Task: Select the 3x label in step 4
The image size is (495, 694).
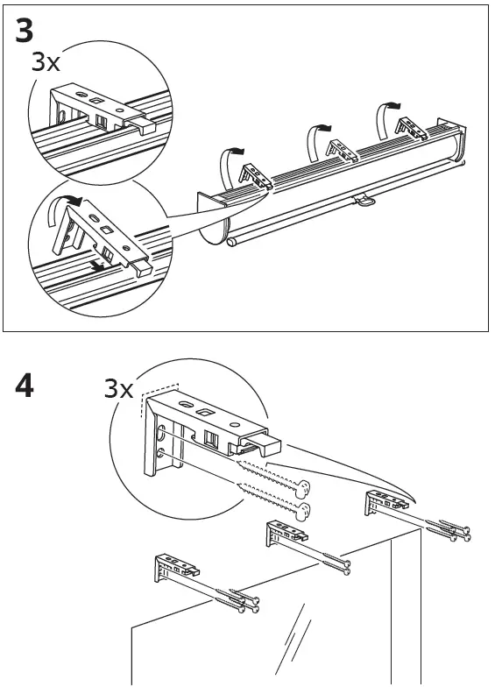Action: (x=119, y=388)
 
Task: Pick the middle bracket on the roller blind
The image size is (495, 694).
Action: (x=342, y=151)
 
